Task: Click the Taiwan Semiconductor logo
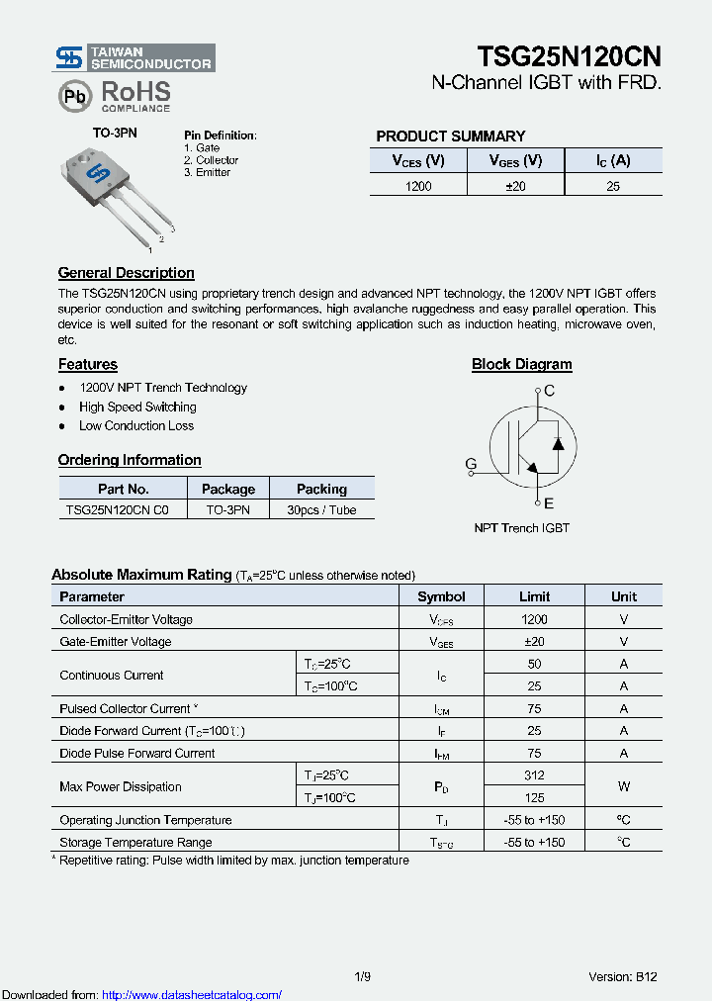pos(134,57)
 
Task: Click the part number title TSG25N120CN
pos(569,55)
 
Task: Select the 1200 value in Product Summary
pos(418,185)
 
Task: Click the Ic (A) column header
pos(613,160)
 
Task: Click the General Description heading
pos(126,273)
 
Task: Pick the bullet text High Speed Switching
pos(137,407)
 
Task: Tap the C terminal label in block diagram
pos(550,391)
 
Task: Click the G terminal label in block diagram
pos(471,464)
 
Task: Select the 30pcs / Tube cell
pos(321,510)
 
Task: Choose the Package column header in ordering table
pos(228,489)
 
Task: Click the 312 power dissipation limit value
pos(534,775)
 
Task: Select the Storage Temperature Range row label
pos(135,842)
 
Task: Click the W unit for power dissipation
pos(623,786)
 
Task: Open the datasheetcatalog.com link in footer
pos(192,994)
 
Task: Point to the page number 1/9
pos(363,976)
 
